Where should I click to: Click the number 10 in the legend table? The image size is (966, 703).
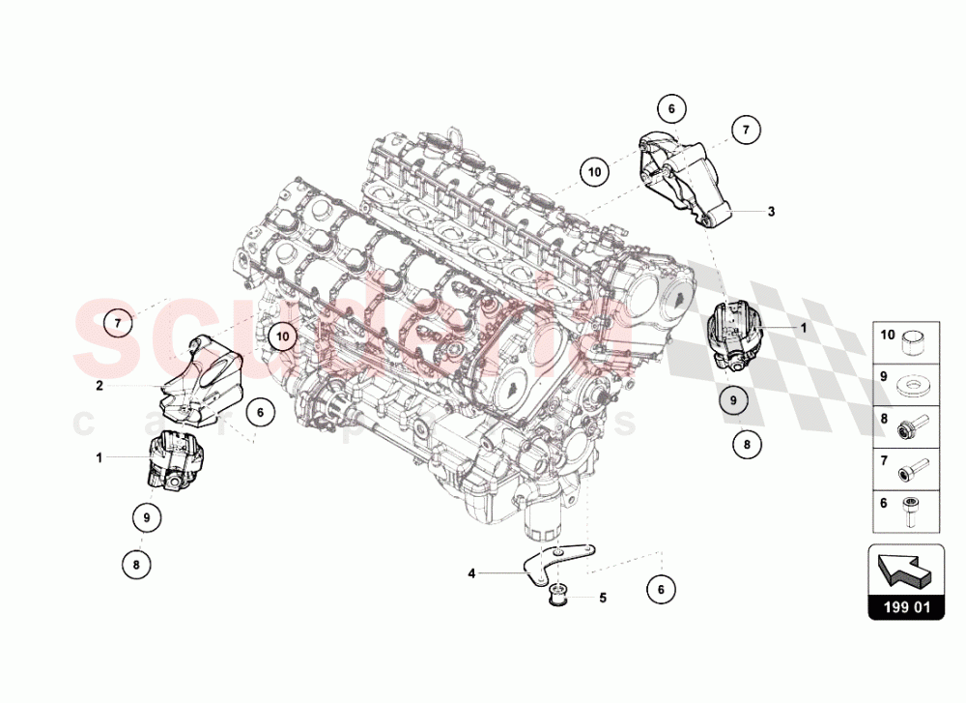(888, 336)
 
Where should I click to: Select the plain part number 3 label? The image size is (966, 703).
(771, 211)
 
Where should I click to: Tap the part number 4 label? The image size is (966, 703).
(472, 573)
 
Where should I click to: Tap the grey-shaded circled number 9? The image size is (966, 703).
(733, 399)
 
